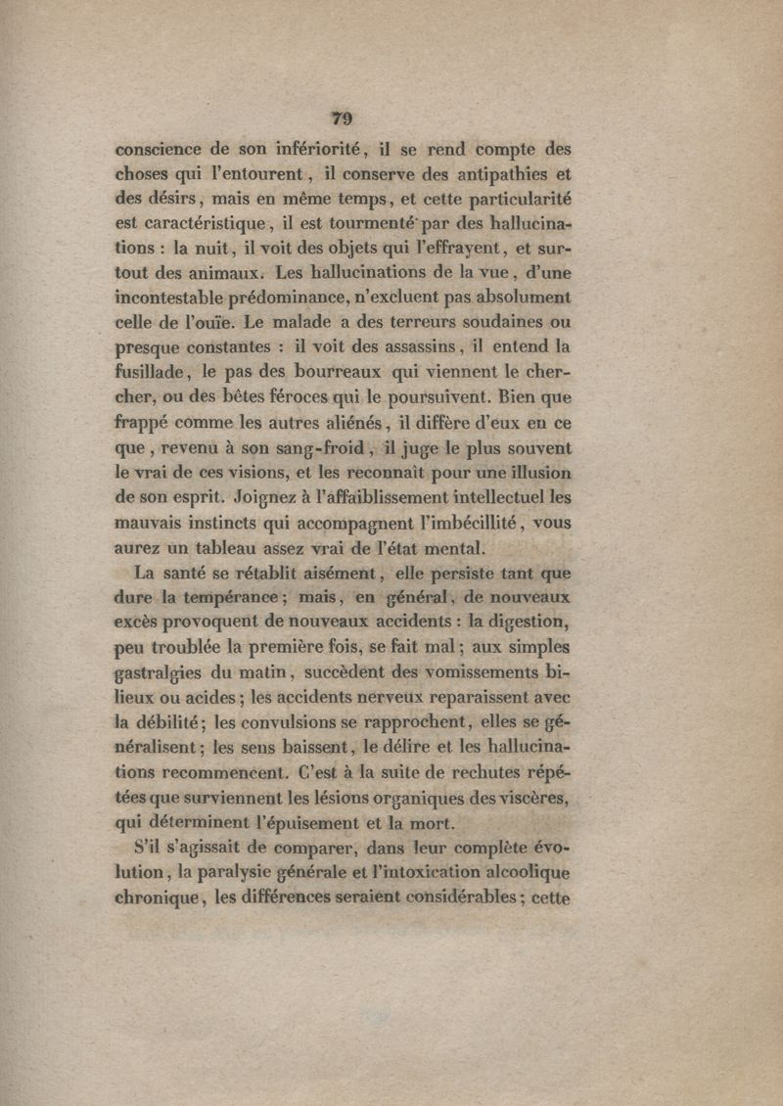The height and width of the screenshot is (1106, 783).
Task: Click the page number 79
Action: click(x=342, y=118)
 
